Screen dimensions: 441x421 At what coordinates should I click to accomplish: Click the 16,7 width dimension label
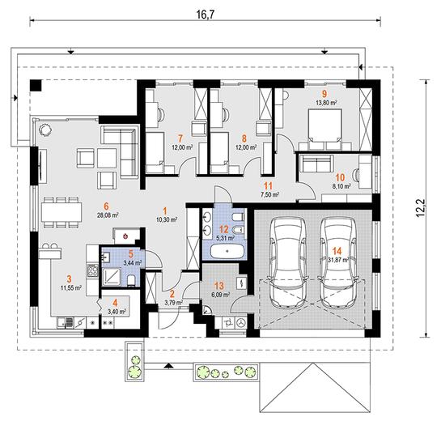(205, 15)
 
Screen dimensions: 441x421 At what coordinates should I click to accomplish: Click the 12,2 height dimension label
(421, 208)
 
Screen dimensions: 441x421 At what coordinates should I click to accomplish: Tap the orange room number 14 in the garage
(337, 251)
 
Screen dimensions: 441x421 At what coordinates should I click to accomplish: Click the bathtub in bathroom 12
(227, 251)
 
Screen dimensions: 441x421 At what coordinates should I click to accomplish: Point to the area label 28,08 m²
(107, 215)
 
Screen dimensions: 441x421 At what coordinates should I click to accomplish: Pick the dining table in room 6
(61, 211)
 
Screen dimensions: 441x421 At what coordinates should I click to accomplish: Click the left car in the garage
(288, 262)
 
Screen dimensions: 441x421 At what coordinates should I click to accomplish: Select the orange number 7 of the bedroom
(180, 138)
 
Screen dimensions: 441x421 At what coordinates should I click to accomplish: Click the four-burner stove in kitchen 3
(92, 270)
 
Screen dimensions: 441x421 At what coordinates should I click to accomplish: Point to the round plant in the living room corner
(45, 130)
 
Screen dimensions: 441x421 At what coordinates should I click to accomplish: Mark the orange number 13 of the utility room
(219, 286)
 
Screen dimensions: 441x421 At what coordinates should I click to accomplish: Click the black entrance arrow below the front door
(168, 366)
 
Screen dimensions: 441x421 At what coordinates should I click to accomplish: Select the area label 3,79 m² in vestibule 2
(173, 303)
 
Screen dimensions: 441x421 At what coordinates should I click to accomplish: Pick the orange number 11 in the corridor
(268, 185)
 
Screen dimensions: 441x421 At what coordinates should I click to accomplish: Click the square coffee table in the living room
(107, 158)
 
